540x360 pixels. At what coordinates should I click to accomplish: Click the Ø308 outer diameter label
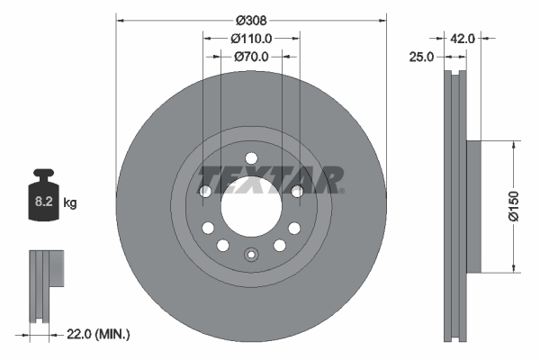pos(251,19)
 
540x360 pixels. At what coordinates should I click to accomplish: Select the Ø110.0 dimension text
pos(251,38)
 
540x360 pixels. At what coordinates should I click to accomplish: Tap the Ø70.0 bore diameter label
pos(251,56)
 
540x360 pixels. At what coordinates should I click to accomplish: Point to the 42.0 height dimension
pos(462,38)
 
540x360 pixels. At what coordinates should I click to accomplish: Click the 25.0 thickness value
pos(422,56)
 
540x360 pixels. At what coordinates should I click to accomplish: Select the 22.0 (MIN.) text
pos(98,334)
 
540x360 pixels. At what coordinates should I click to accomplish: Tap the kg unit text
pos(70,203)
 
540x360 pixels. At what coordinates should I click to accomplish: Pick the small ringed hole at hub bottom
pos(251,256)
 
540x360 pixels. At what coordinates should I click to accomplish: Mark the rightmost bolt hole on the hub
pos(298,191)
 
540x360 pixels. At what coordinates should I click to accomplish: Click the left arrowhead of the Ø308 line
pos(121,19)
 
